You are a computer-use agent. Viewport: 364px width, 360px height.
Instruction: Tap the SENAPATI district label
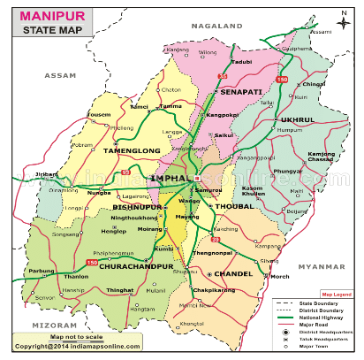pyautogui.click(x=241, y=92)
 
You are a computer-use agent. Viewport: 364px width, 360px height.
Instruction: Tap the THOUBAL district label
pyautogui.click(x=235, y=205)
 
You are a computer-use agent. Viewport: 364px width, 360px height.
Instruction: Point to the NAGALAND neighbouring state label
pyautogui.click(x=221, y=27)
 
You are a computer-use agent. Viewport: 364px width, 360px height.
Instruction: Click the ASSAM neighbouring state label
pyautogui.click(x=61, y=75)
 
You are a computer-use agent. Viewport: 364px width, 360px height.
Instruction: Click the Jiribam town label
pyautogui.click(x=47, y=175)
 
